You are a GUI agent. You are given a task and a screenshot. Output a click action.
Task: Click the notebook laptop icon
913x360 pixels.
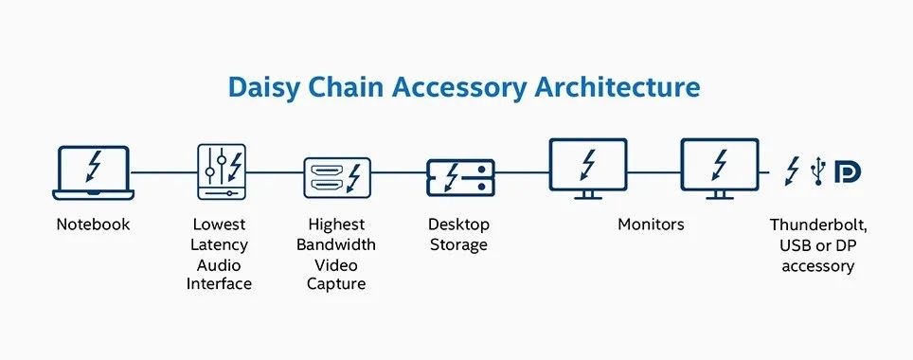click(x=93, y=172)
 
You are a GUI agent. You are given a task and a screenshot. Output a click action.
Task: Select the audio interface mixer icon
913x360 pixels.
click(x=222, y=171)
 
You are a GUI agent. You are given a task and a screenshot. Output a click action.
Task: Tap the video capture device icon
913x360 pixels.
click(x=337, y=178)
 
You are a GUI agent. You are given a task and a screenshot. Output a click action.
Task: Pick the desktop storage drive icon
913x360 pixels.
click(x=460, y=178)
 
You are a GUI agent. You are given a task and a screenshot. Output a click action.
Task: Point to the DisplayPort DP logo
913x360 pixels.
click(x=848, y=172)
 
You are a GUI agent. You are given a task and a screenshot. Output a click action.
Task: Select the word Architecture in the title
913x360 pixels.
click(x=618, y=86)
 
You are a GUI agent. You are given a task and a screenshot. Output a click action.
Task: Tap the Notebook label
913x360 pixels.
click(x=93, y=225)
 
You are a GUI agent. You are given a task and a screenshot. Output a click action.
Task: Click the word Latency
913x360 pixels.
click(x=219, y=245)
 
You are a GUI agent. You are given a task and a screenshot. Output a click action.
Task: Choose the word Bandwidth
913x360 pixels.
click(x=336, y=244)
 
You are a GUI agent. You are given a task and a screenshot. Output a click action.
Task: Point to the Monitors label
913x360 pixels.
click(x=651, y=225)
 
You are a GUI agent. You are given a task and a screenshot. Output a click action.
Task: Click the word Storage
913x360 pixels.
click(x=458, y=245)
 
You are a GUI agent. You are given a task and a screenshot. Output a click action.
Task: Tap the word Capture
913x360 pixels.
click(x=336, y=285)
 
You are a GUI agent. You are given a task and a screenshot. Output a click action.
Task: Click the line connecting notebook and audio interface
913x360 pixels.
click(x=164, y=172)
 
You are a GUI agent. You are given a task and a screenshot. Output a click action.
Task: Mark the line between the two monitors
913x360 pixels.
click(x=653, y=172)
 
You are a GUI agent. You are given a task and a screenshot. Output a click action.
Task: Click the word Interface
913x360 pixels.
click(x=219, y=284)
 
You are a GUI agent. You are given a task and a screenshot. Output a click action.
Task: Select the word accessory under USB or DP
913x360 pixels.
click(x=818, y=267)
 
